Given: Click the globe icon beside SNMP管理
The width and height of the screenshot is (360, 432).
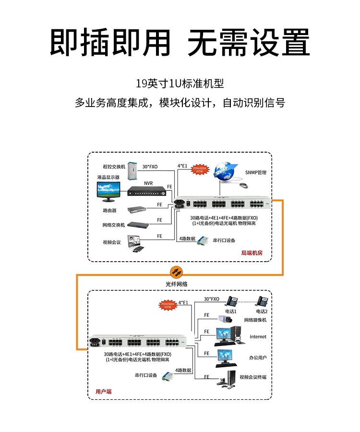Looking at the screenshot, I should [x=226, y=170].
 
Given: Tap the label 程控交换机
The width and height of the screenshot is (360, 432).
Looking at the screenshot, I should [x=114, y=167].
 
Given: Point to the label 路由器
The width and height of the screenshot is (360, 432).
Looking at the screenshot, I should [x=109, y=210].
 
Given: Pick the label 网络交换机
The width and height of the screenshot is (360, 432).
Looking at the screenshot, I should [x=114, y=225].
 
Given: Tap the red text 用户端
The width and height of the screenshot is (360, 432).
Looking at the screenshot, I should [x=103, y=392].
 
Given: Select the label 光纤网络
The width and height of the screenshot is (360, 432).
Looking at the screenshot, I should [x=177, y=284].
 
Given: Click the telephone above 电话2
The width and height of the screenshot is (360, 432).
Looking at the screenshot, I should [x=262, y=301].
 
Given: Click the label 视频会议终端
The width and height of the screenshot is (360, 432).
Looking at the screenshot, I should [x=253, y=377].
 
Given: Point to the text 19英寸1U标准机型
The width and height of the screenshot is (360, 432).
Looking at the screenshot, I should [x=180, y=84].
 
